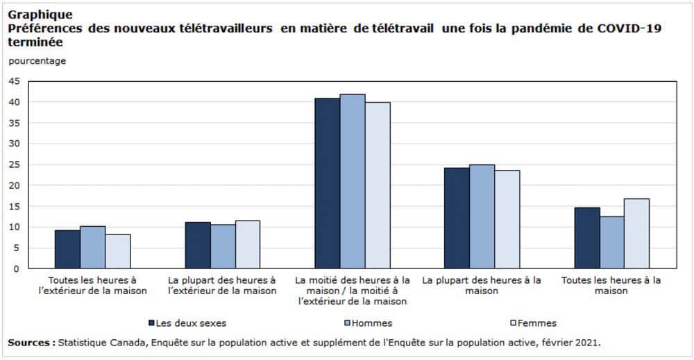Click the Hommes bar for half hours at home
pyautogui.click(x=352, y=182)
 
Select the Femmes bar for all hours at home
pyautogui.click(x=636, y=234)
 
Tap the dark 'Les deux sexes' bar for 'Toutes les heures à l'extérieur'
pyautogui.click(x=67, y=249)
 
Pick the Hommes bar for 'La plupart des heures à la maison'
pyautogui.click(x=482, y=216)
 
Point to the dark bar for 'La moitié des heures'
pyautogui.click(x=327, y=183)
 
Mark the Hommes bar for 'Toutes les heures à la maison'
pyautogui.click(x=611, y=242)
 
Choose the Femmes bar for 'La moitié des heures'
pyautogui.click(x=378, y=185)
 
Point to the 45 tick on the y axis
pyautogui.click(x=15, y=81)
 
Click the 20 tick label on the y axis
pyautogui.click(x=15, y=185)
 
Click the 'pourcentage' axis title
pyautogui.click(x=37, y=61)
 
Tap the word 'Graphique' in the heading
pyautogui.click(x=40, y=14)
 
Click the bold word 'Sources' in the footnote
pyautogui.click(x=31, y=343)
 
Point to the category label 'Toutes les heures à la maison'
pyautogui.click(x=611, y=285)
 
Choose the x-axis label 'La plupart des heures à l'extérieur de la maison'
pyautogui.click(x=222, y=285)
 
